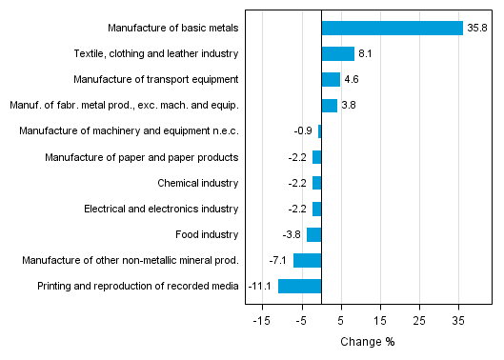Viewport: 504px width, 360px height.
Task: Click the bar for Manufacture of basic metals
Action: click(x=392, y=29)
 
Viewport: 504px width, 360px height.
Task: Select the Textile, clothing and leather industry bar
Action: click(x=337, y=54)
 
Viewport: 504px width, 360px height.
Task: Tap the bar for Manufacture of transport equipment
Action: click(x=331, y=80)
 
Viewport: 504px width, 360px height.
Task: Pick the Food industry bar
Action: click(x=314, y=234)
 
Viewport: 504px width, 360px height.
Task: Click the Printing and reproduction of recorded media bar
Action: click(x=299, y=286)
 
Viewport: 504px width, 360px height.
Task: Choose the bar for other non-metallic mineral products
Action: click(x=308, y=260)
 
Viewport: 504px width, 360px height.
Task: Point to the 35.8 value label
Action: click(x=477, y=29)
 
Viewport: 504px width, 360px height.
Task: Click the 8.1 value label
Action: click(x=365, y=54)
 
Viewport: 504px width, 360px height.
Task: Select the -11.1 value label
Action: click(x=260, y=286)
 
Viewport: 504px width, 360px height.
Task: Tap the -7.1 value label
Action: click(x=278, y=260)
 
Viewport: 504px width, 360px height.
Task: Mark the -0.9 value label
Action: click(x=305, y=131)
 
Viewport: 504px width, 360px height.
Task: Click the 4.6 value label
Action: click(x=351, y=80)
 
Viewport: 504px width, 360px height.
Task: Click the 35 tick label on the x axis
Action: click(x=458, y=322)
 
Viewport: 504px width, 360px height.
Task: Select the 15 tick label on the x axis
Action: click(x=380, y=322)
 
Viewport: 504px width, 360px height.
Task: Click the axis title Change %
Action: click(x=367, y=342)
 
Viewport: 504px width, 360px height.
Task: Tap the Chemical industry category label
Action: click(x=198, y=183)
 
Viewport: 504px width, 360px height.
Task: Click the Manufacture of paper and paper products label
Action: click(x=142, y=157)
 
